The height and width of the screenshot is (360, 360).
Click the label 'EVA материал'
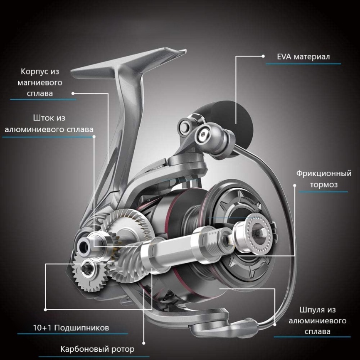coord(303,57)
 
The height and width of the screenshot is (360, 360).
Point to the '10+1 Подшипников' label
coord(71,328)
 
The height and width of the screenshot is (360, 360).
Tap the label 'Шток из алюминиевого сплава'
coord(49,123)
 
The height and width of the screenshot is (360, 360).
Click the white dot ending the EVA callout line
coord(263,56)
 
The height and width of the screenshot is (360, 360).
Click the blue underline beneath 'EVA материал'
coord(303,64)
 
